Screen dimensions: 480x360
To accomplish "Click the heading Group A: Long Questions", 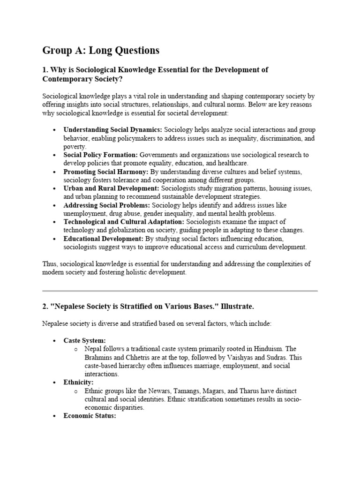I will pyautogui.click(x=101, y=50).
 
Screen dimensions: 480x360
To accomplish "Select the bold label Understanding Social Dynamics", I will pyautogui.click(x=113, y=129).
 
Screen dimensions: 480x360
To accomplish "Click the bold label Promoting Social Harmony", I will pyautogui.click(x=106, y=172).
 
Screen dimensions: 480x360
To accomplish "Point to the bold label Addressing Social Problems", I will pyautogui.click(x=106, y=205).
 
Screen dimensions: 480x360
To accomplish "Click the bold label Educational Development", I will pyautogui.click(x=103, y=239).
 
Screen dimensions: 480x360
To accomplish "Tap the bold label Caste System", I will pyautogui.click(x=84, y=340).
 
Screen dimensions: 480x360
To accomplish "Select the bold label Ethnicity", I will pyautogui.click(x=78, y=382).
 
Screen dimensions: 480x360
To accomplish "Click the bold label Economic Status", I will pyautogui.click(x=90, y=416).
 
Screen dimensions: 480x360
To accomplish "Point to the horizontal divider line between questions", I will pyautogui.click(x=180, y=291).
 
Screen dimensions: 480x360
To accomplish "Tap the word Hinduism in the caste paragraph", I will pyautogui.click(x=277, y=349).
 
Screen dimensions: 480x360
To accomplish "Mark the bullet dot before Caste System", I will pyautogui.click(x=55, y=341).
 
